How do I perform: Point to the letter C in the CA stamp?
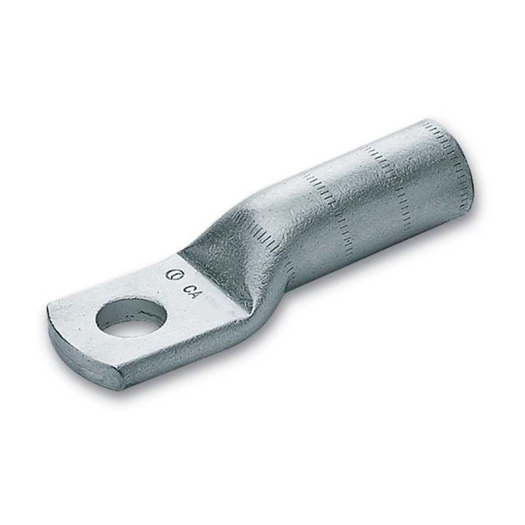(188, 287)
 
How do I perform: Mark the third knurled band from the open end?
(328, 203)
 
